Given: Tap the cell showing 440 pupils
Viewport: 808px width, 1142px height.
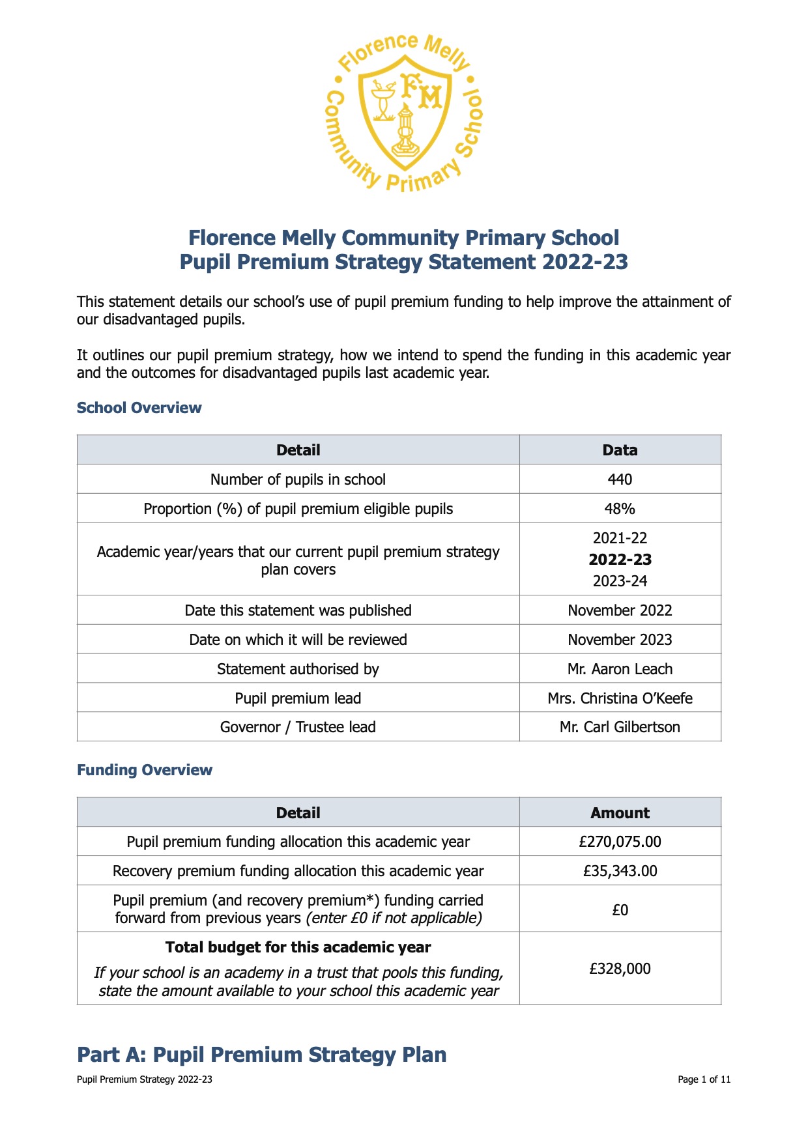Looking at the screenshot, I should pyautogui.click(x=620, y=479).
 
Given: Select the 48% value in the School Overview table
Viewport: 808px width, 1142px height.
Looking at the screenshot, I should pyautogui.click(x=620, y=509).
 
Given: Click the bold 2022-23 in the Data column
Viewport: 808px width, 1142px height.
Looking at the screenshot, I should pyautogui.click(x=620, y=560).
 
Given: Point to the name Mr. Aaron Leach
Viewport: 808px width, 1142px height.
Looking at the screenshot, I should pyautogui.click(x=620, y=669).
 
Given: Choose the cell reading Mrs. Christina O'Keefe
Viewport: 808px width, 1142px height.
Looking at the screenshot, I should pyautogui.click(x=620, y=698).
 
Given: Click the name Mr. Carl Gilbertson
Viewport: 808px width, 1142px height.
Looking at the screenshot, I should pyautogui.click(x=620, y=727).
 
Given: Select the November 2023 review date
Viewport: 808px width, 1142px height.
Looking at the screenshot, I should pyautogui.click(x=620, y=640).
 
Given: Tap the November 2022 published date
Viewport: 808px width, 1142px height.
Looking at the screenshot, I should pyautogui.click(x=620, y=610).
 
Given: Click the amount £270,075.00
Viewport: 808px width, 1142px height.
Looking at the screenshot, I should pyautogui.click(x=620, y=842).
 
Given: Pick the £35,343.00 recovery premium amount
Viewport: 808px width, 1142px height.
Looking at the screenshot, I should pyautogui.click(x=620, y=871).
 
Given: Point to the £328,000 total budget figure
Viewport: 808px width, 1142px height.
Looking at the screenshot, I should pyautogui.click(x=620, y=969).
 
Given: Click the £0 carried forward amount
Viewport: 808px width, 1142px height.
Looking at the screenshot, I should pyautogui.click(x=620, y=909).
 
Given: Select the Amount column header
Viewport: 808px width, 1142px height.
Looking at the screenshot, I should pyautogui.click(x=620, y=813).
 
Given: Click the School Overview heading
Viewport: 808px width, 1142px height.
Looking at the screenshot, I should pyautogui.click(x=139, y=408).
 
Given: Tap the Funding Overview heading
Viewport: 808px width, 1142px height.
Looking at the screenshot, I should pyautogui.click(x=145, y=770).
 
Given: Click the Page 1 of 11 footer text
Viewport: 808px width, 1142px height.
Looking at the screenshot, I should pyautogui.click(x=704, y=1079).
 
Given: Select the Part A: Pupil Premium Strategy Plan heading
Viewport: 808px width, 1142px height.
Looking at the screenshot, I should pyautogui.click(x=262, y=1055).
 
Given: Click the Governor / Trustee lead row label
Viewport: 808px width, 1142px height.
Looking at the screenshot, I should pyautogui.click(x=298, y=727).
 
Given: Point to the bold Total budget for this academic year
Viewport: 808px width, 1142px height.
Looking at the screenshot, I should pyautogui.click(x=298, y=947).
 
